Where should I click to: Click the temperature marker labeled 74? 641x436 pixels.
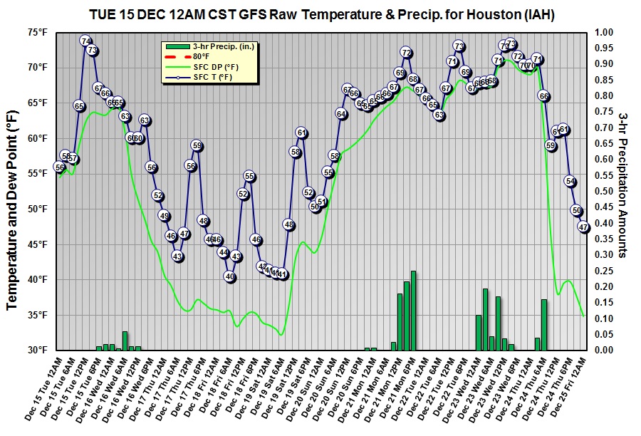point(85,41)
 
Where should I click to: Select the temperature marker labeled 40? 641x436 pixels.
point(229,276)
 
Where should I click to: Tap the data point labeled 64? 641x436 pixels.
point(341,114)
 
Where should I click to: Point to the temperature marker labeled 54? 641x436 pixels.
point(570,181)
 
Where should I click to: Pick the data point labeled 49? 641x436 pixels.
point(164,216)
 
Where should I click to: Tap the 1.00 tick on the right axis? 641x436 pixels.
point(604,32)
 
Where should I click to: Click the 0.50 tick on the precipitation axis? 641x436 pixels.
point(604,191)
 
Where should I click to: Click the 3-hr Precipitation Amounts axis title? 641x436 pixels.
point(623,191)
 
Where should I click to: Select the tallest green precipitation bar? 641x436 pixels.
point(413,310)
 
